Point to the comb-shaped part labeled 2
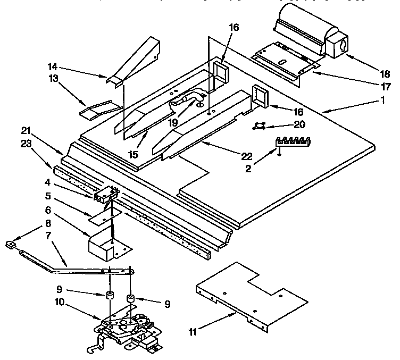293,142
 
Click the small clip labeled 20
260,125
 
